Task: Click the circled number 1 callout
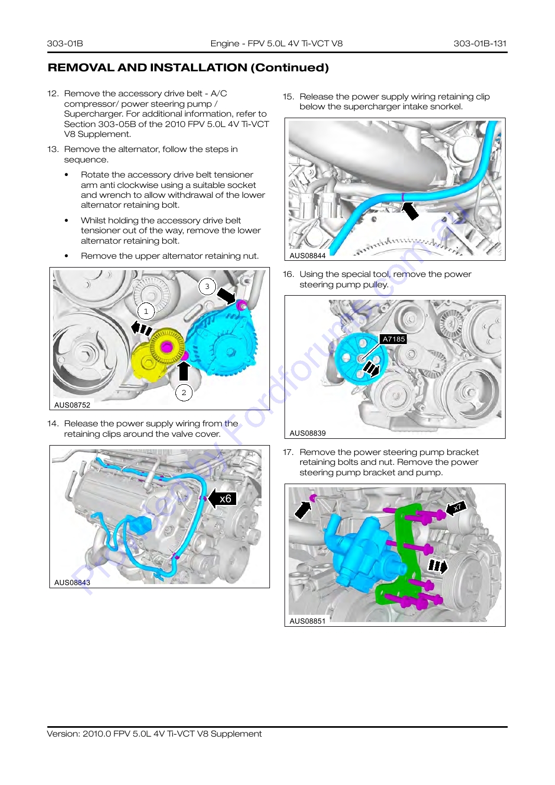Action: point(146,311)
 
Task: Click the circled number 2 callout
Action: point(184,392)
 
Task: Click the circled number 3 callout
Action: point(207,286)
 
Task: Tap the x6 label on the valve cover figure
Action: point(226,499)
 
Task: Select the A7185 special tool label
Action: point(394,339)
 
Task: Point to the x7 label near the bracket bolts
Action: point(458,507)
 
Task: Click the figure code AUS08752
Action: point(72,405)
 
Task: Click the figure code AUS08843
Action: point(72,583)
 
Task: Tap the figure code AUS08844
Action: point(307,256)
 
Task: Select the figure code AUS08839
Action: point(307,433)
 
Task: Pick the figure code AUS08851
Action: point(307,621)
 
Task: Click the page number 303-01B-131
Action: point(480,43)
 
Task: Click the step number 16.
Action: point(288,274)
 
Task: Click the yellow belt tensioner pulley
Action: point(166,347)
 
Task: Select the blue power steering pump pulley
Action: point(361,359)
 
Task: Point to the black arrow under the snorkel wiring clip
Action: point(410,211)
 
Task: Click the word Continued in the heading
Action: point(290,67)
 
